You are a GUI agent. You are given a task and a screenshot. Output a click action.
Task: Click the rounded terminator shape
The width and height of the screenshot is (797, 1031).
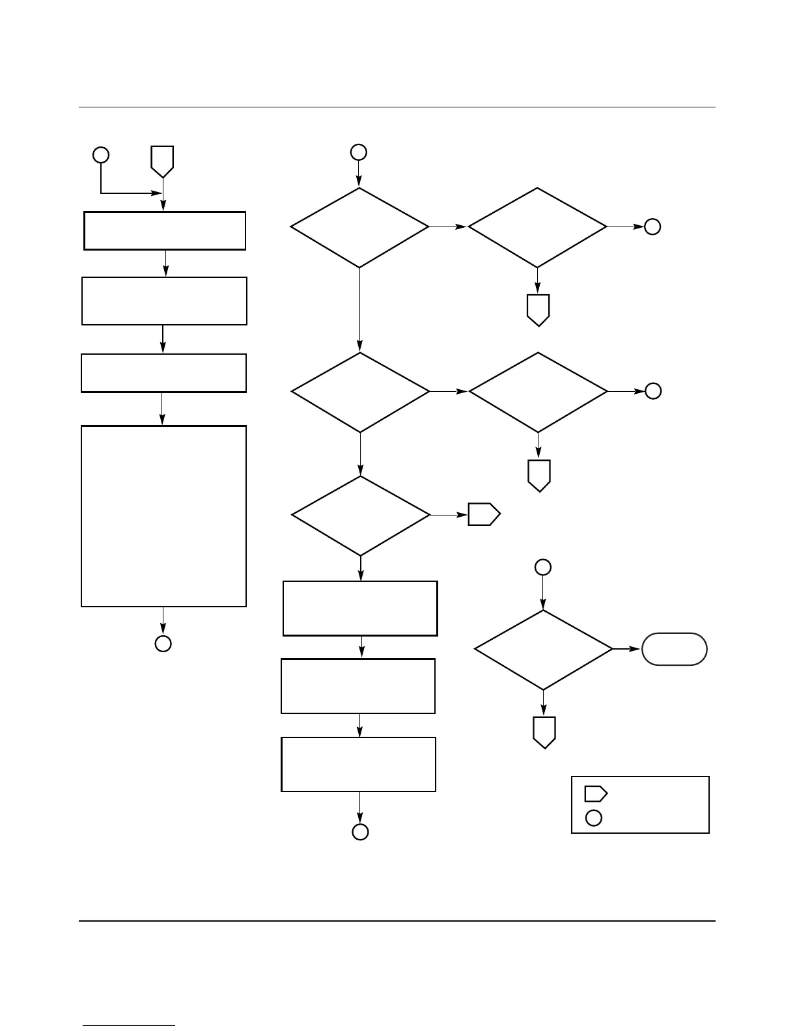(674, 649)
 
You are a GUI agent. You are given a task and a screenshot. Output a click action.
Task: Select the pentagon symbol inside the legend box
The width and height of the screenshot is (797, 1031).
(595, 793)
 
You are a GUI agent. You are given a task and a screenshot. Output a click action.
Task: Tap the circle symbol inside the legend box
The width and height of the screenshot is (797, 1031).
(593, 818)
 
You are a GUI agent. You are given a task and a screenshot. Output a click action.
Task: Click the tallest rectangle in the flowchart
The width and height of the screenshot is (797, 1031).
(163, 516)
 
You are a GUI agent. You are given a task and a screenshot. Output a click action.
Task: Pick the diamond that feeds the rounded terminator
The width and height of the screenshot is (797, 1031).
(543, 650)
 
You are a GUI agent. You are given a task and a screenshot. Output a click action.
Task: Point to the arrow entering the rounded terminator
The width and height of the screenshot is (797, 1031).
(627, 649)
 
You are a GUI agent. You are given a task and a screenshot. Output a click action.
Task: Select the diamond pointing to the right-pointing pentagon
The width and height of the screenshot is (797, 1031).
(361, 515)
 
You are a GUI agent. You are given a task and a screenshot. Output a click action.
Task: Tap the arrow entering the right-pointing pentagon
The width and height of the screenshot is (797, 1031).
(449, 515)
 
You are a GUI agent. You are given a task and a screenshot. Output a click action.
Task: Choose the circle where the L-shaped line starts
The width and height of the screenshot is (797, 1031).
(100, 155)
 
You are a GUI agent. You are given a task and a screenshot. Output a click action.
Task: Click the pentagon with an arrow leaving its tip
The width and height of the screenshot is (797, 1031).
(162, 160)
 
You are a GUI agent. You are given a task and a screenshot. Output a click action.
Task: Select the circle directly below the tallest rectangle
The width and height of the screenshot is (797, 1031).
(163, 644)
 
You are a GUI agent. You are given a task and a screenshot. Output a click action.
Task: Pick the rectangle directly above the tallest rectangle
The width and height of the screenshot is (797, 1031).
(163, 373)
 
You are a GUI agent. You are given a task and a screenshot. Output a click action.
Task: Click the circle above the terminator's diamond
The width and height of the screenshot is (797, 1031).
(542, 567)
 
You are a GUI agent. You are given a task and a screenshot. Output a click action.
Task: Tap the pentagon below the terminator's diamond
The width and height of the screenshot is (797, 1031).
(544, 732)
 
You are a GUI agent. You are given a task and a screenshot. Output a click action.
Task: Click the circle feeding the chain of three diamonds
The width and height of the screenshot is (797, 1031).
(358, 152)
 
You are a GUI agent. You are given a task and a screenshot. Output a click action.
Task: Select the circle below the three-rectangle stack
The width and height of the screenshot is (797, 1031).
(360, 832)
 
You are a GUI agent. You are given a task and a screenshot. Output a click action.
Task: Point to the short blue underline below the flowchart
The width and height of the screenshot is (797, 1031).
(130, 1026)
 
